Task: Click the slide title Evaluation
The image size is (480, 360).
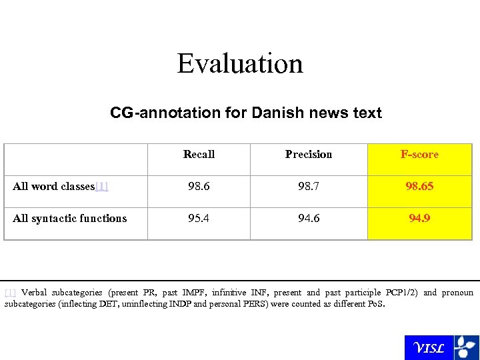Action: pos(240,64)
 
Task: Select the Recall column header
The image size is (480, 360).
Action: pos(199,154)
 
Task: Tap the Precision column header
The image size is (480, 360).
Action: pos(309,154)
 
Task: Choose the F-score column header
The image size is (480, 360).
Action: pos(419,154)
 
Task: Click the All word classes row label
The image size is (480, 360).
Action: pos(54,186)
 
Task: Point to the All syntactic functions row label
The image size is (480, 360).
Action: pos(69,218)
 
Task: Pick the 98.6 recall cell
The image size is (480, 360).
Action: pos(199,186)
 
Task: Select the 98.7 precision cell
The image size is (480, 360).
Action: pos(309,186)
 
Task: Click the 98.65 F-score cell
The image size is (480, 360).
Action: pos(419,186)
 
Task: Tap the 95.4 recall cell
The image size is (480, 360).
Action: pos(199,218)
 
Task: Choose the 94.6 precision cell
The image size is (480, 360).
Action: pos(309,218)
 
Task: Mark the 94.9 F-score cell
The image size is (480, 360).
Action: pos(419,218)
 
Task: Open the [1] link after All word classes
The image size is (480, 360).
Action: pos(102,186)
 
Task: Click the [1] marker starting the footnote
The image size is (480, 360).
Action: pos(10,293)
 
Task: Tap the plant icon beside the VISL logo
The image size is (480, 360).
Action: pos(465,347)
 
